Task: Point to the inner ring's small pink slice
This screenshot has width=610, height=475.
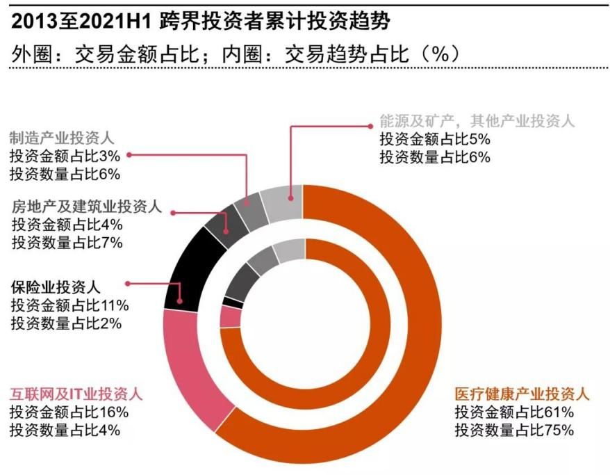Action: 230,316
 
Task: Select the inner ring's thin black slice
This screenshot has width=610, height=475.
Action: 233,302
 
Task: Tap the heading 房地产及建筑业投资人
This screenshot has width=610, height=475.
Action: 86,207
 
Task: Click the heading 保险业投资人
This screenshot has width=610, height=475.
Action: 56,286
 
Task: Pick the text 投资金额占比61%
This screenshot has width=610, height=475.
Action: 514,412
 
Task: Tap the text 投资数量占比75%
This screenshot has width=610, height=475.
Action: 514,430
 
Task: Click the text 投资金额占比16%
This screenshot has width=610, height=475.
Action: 69,412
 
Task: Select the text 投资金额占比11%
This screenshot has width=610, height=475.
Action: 69,305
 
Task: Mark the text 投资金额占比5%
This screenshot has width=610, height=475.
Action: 435,138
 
